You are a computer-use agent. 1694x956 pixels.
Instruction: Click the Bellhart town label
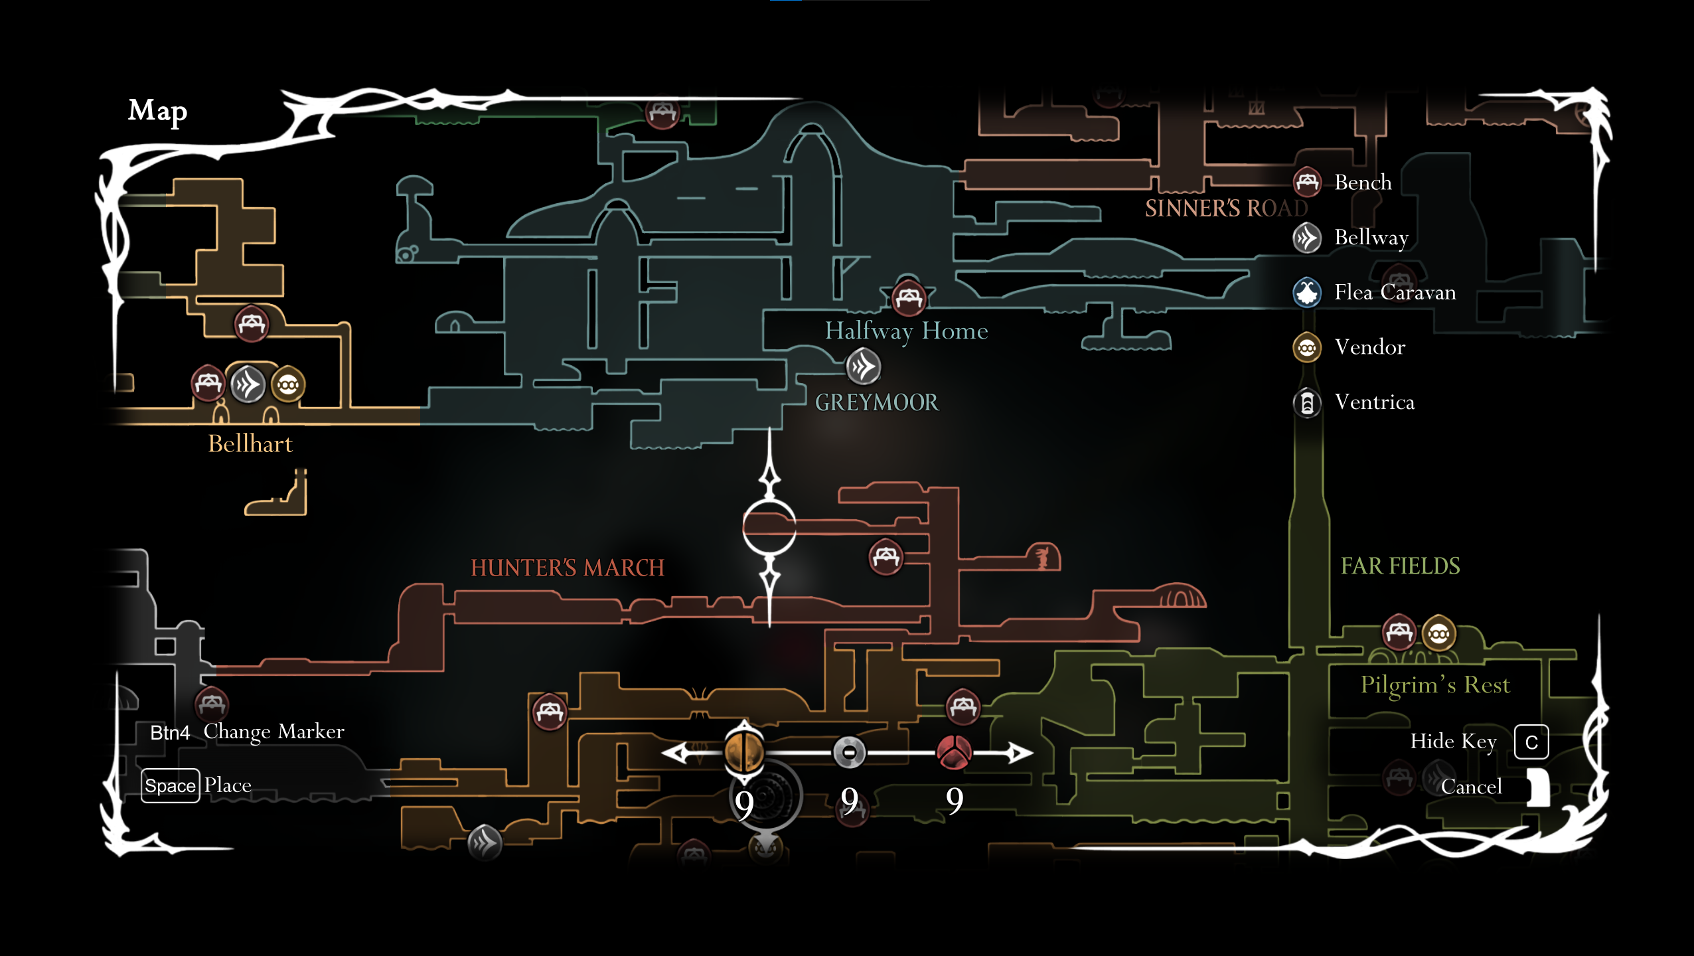pyautogui.click(x=250, y=443)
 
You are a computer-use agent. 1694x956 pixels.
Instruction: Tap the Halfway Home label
pyautogui.click(x=906, y=331)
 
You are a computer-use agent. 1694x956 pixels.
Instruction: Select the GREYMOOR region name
pyautogui.click(x=876, y=402)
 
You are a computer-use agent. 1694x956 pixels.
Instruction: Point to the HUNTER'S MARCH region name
pyautogui.click(x=567, y=568)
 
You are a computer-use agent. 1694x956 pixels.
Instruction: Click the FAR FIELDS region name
pyautogui.click(x=1400, y=566)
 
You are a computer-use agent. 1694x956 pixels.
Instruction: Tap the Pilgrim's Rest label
pyautogui.click(x=1435, y=684)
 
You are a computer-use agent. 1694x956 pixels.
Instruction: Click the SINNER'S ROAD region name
pyautogui.click(x=1225, y=208)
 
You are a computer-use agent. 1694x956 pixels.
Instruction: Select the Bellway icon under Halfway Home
pyautogui.click(x=863, y=366)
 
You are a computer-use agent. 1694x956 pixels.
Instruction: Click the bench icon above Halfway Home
pyautogui.click(x=908, y=298)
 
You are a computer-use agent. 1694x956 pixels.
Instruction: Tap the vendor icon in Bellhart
pyautogui.click(x=288, y=385)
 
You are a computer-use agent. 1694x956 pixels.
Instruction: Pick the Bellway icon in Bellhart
pyautogui.click(x=248, y=384)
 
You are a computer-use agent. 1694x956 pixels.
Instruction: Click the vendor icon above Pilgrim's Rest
pyautogui.click(x=1438, y=634)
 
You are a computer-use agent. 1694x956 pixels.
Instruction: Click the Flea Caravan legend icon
pyautogui.click(x=1307, y=292)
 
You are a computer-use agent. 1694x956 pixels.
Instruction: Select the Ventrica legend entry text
pyautogui.click(x=1374, y=402)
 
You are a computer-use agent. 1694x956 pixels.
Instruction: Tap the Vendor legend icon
pyautogui.click(x=1307, y=347)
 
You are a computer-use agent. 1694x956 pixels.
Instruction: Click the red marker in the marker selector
pyautogui.click(x=954, y=752)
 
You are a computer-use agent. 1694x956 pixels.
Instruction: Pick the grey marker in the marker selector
pyautogui.click(x=849, y=752)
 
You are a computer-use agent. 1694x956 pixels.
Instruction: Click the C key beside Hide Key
pyautogui.click(x=1531, y=742)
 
